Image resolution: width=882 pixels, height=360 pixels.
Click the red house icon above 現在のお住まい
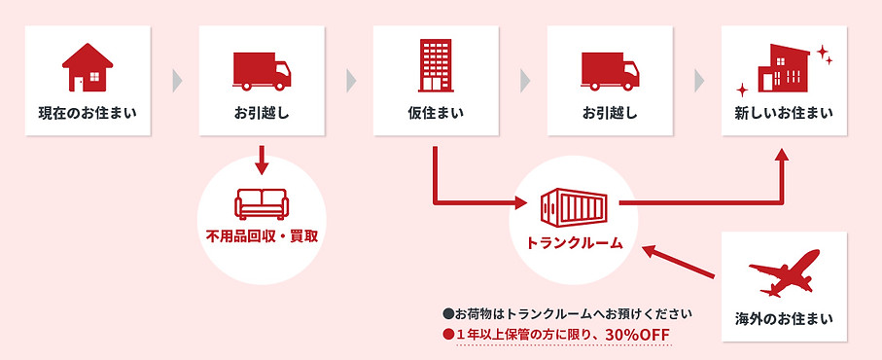pos(88,67)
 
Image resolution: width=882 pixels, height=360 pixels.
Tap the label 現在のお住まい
pos(88,112)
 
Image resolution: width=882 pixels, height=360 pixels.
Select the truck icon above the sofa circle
pos(262,68)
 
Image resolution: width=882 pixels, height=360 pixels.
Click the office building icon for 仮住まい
pos(436,65)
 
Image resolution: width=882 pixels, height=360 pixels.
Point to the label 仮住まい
pos(436,112)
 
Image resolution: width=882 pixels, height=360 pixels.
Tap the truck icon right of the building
pos(610,68)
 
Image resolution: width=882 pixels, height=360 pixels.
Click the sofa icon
pos(263,201)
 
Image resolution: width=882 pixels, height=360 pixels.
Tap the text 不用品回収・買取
pos(263,236)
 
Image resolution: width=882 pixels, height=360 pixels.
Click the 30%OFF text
pos(638,334)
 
